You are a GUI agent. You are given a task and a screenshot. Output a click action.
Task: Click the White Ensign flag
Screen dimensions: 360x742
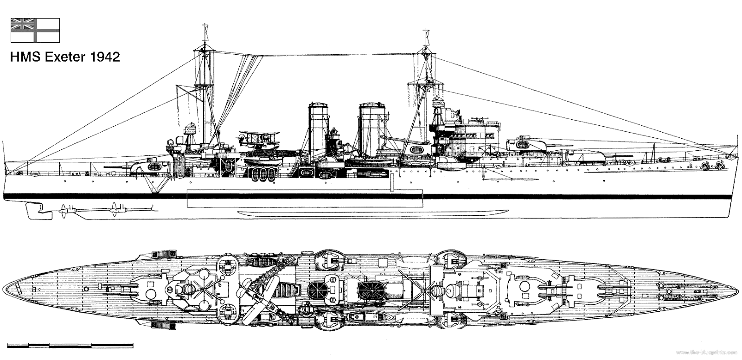(x=35, y=30)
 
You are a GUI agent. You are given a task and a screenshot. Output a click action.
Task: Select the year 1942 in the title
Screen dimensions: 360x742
(x=104, y=57)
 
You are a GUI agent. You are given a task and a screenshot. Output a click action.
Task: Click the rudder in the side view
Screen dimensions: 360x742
(x=35, y=211)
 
